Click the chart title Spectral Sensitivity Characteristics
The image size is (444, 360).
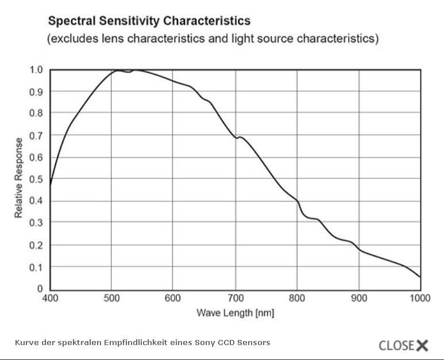click(x=149, y=21)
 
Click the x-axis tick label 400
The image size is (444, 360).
click(x=51, y=298)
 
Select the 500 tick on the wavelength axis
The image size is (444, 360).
click(x=111, y=298)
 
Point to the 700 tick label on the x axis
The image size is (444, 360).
click(x=235, y=298)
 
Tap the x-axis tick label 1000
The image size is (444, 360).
click(x=420, y=298)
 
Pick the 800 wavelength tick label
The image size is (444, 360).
click(x=297, y=298)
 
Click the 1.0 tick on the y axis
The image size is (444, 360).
click(x=36, y=70)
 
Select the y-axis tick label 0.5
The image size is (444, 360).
click(x=36, y=179)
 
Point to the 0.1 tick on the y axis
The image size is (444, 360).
click(x=36, y=267)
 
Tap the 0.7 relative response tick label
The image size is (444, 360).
click(x=36, y=136)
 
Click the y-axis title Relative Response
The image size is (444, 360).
click(x=19, y=178)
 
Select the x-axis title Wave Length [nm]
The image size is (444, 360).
click(x=235, y=313)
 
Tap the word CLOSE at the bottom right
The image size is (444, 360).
click(x=396, y=345)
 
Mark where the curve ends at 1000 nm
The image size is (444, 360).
click(x=420, y=277)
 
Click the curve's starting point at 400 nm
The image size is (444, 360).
click(x=51, y=185)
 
